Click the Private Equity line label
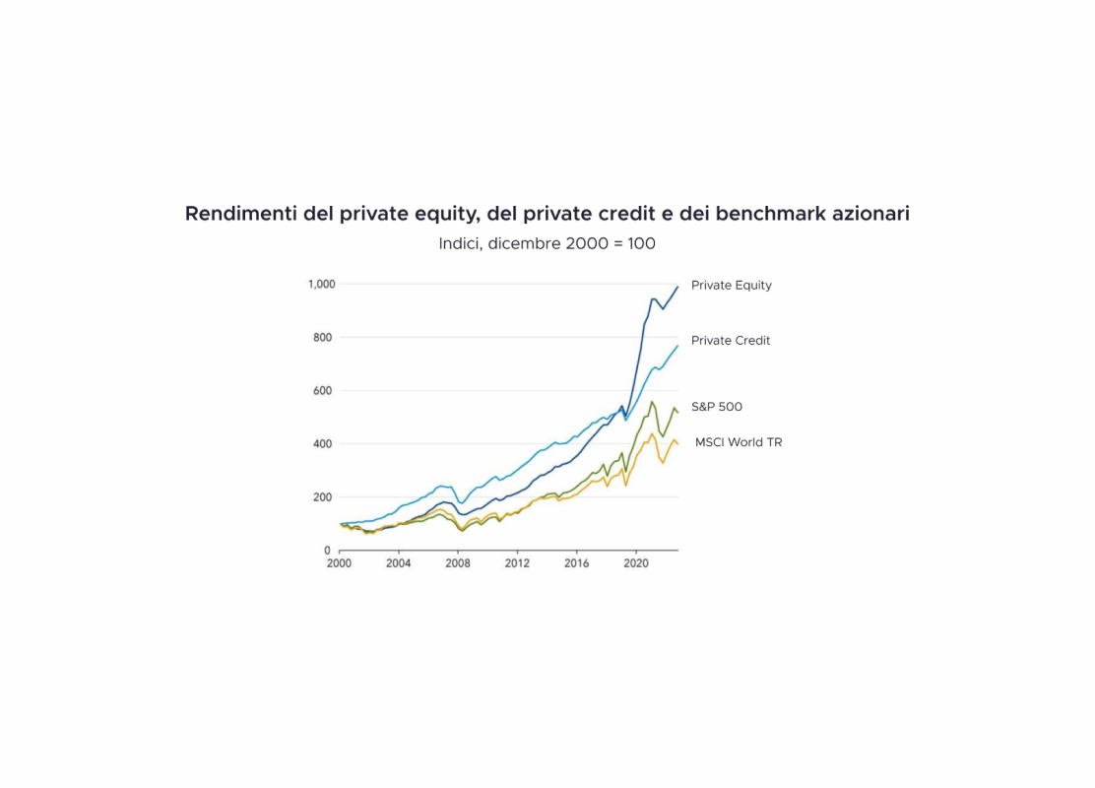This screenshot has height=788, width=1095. point(731,286)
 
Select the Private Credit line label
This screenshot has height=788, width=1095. point(731,341)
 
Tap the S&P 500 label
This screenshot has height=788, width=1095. point(717,407)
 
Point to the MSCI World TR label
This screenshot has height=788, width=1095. point(739,442)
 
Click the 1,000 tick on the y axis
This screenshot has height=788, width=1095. point(322,285)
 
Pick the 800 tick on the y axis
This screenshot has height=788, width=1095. point(322,338)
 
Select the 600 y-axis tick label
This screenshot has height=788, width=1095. point(322,391)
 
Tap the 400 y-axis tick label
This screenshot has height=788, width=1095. point(322,444)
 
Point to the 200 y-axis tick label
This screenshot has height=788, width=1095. point(322,497)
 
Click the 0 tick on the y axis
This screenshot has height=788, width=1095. point(328,551)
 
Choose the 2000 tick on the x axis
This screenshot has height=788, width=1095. point(339,564)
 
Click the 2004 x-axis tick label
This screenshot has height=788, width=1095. point(398,564)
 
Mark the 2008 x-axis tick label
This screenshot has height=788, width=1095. point(458,564)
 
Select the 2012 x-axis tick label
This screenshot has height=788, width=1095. point(517,564)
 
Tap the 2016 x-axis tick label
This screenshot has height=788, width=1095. point(577,564)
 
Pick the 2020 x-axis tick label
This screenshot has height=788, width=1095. point(636,564)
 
